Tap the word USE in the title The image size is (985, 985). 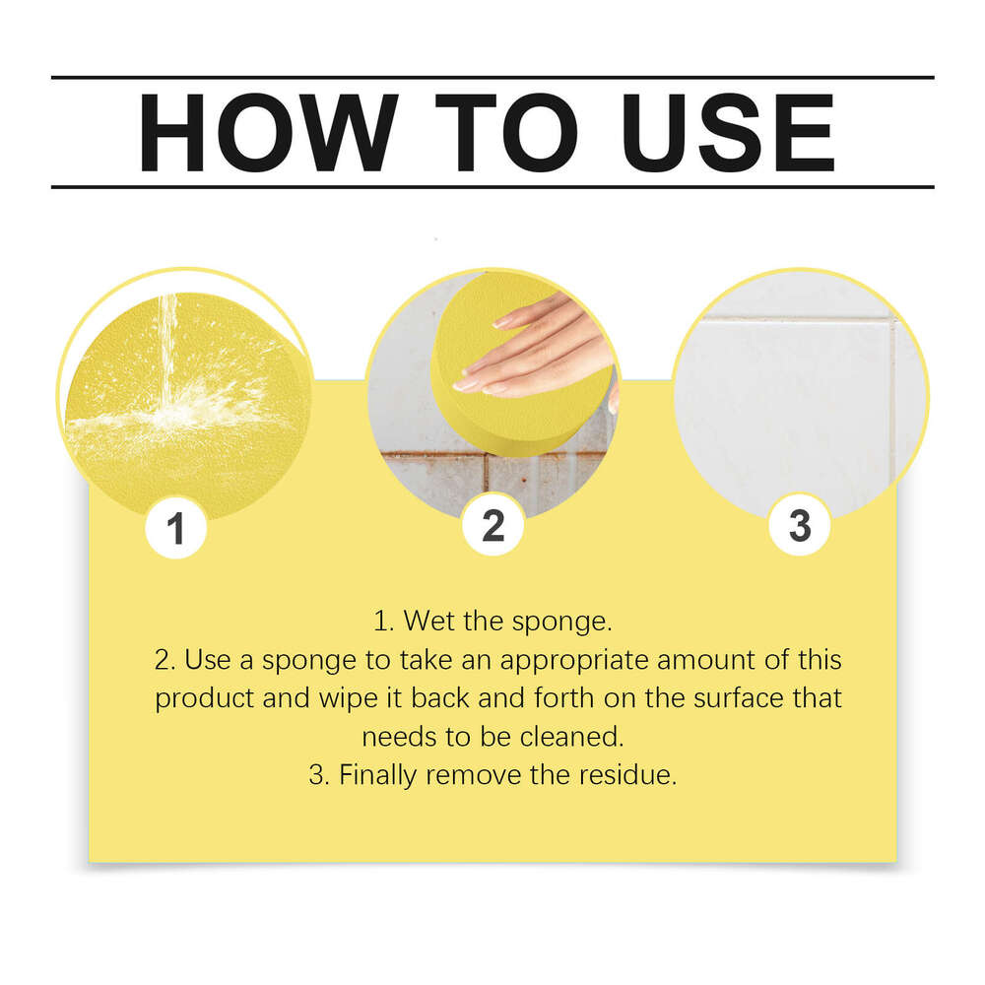(x=729, y=133)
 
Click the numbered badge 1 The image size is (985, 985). (x=176, y=528)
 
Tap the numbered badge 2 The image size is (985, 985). (x=493, y=525)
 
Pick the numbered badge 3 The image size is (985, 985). (x=800, y=525)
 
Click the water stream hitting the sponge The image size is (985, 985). (x=167, y=352)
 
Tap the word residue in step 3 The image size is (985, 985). (x=627, y=775)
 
